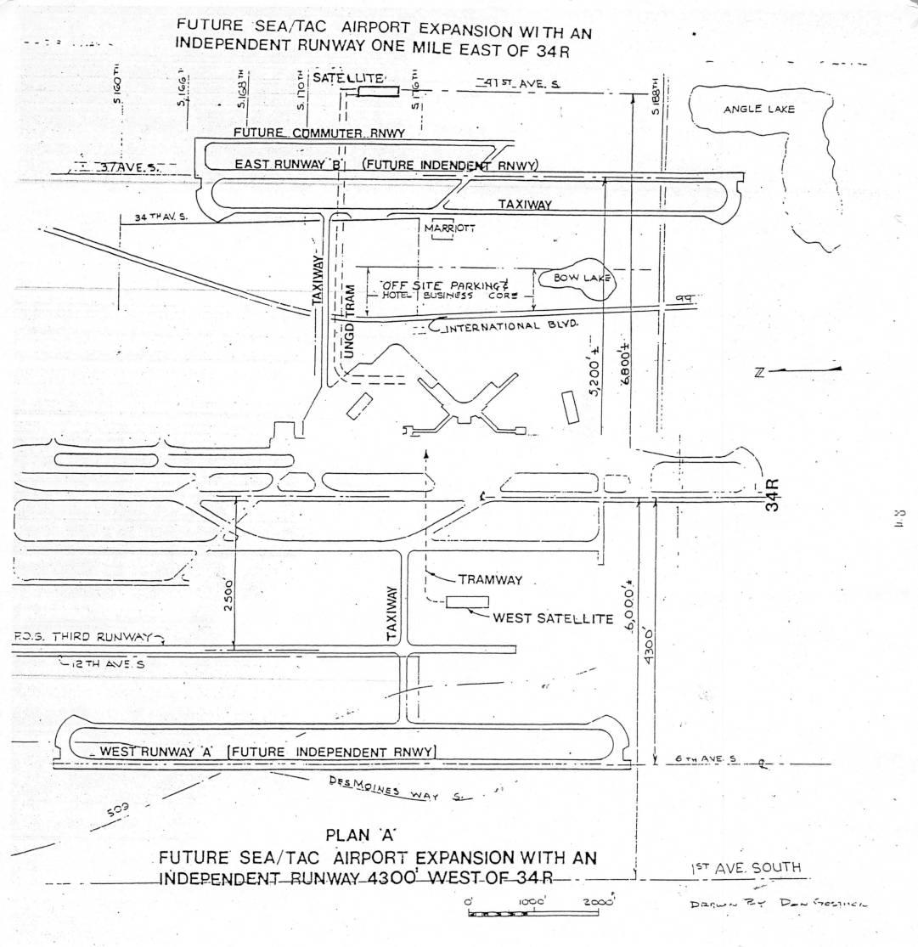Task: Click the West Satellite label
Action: click(x=553, y=618)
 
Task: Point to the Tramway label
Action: click(x=490, y=580)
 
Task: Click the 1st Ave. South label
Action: click(x=745, y=867)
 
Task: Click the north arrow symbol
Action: click(x=798, y=370)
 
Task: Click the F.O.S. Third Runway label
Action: click(x=82, y=637)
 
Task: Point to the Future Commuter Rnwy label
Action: click(x=318, y=133)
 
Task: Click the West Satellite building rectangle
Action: click(x=467, y=601)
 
